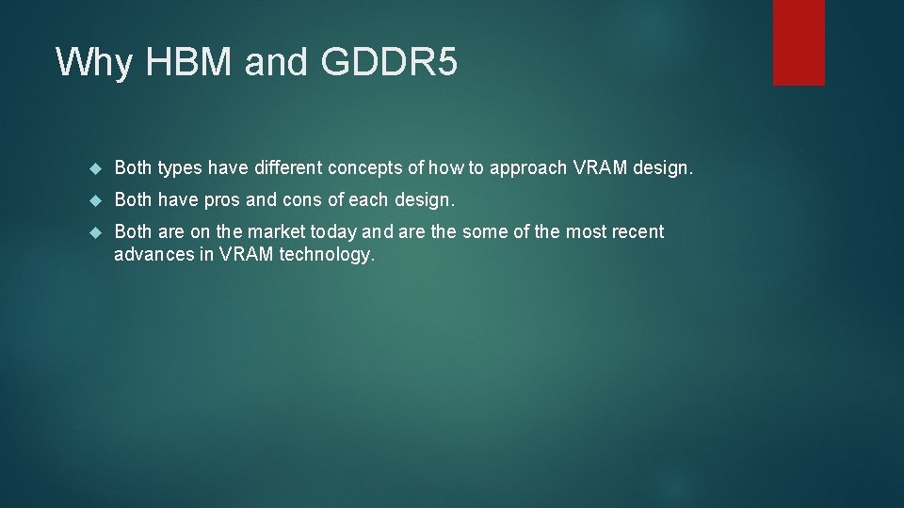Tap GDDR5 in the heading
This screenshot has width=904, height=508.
pos(389,62)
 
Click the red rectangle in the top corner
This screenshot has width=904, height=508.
pos(799,41)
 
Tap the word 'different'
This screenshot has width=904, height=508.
pos(288,168)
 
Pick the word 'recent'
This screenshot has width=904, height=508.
pos(636,231)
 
